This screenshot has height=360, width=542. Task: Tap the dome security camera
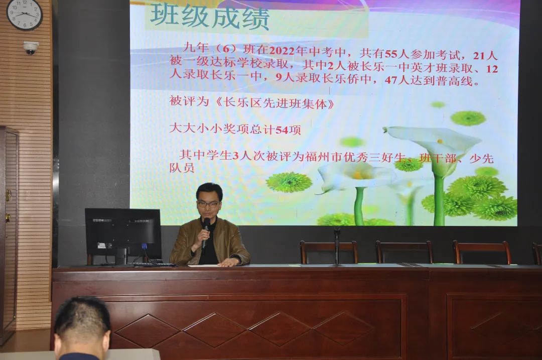tap(31, 48)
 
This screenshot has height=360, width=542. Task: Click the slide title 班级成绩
tap(209, 17)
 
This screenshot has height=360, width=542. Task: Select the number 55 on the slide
tap(392, 54)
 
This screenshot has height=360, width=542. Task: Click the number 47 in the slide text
tap(391, 80)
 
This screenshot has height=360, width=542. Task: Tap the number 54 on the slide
tap(282, 130)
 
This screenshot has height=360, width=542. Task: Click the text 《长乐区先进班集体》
tap(275, 103)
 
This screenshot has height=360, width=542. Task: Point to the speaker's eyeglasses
tap(208, 204)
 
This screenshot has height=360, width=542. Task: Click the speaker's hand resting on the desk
tap(229, 262)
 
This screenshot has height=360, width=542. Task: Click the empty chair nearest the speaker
tap(328, 252)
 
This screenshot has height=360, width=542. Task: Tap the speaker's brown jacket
tap(209, 242)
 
